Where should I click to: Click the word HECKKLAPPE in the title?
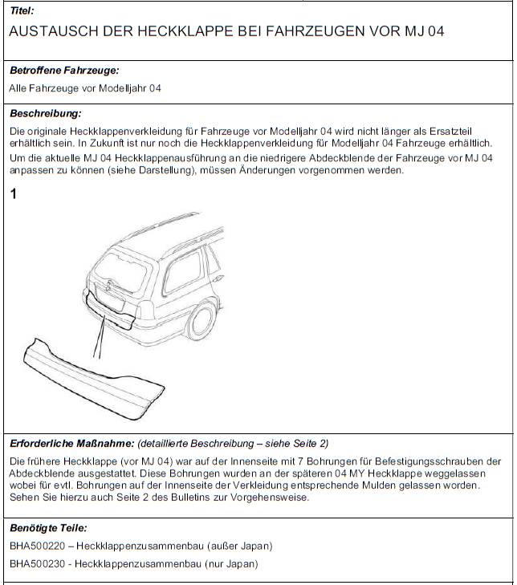pos(176,31)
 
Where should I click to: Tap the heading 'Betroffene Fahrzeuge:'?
pos(64,71)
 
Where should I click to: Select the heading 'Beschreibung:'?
pos(45,113)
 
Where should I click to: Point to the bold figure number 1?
pos(14,193)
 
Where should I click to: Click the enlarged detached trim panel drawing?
pos(88,377)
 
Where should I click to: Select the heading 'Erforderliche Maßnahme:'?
pos(71,443)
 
